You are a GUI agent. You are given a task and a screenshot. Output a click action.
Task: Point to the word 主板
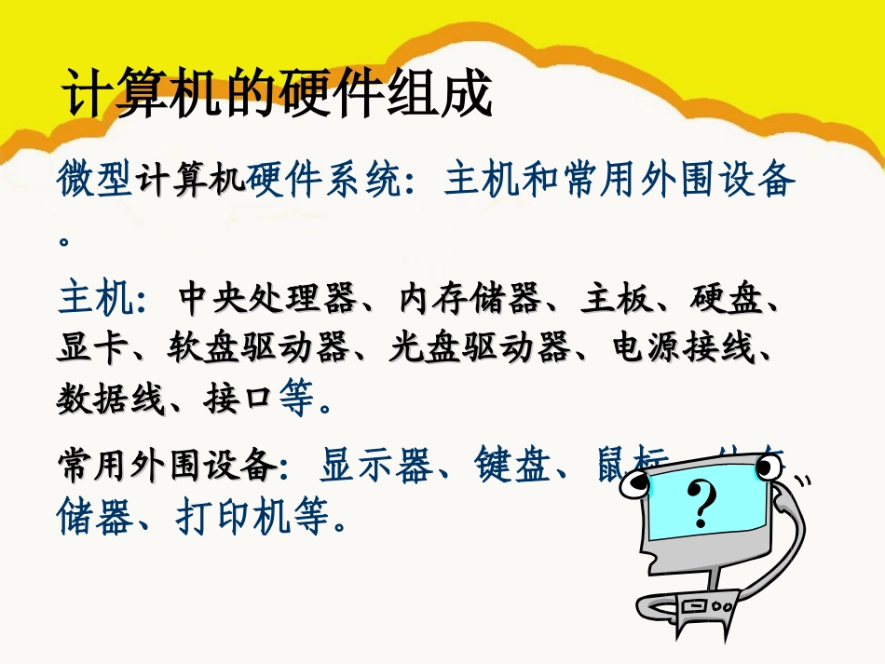[609, 300]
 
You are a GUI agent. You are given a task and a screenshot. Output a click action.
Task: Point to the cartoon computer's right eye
[766, 466]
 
